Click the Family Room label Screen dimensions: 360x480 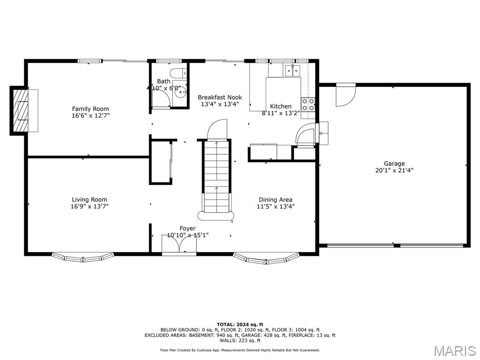tap(90, 109)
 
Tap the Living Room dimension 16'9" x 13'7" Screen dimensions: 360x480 tap(89, 206)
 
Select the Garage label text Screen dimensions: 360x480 tap(394, 164)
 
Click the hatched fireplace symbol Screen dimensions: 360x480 tap(21, 111)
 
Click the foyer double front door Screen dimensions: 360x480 tap(179, 243)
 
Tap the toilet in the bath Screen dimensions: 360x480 tap(178, 73)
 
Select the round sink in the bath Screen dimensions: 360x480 tap(180, 92)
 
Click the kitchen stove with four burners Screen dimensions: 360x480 tap(308, 105)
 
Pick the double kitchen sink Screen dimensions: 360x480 tap(292, 71)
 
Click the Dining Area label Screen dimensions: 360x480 tap(276, 200)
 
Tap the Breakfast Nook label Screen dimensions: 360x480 tap(220, 97)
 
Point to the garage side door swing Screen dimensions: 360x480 tap(345, 96)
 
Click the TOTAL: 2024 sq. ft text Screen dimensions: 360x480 tap(240, 324)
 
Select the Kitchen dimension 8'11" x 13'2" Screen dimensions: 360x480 tap(281, 113)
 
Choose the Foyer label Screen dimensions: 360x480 tap(187, 228)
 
